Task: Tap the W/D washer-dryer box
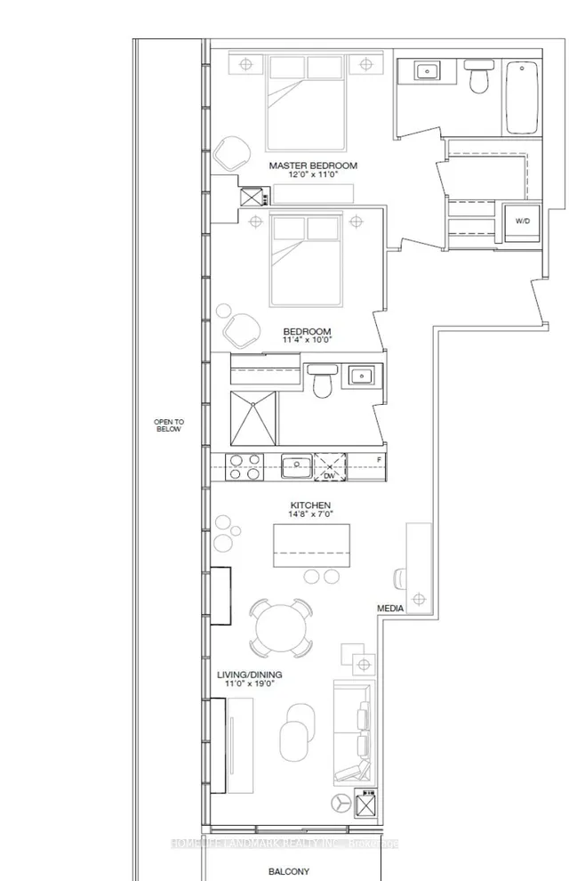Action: (x=517, y=222)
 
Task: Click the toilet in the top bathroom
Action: (x=478, y=77)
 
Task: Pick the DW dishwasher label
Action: (x=328, y=476)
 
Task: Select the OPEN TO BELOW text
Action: (x=167, y=424)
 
